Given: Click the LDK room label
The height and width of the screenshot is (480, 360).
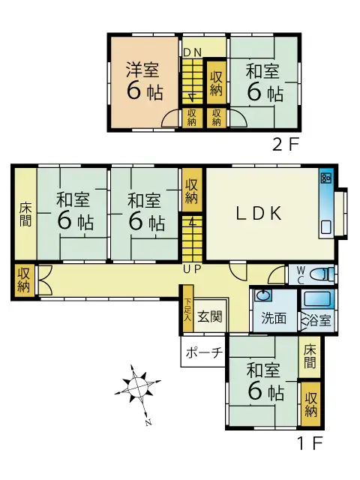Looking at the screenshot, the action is pos(259,213).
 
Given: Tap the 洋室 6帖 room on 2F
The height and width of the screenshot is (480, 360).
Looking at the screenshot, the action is pos(144,82).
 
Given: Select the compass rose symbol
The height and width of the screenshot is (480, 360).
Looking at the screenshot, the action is pos(138,387).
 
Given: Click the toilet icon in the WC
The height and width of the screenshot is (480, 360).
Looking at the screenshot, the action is pos(321,274).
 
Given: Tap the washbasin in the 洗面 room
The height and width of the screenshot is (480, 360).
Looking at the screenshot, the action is pos(262,295).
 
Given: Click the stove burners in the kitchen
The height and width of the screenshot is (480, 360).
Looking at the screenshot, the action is pos(325,177).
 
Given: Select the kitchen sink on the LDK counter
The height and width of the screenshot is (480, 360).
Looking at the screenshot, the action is pos(325,226).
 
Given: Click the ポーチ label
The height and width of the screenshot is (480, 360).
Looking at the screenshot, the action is pos(204,352).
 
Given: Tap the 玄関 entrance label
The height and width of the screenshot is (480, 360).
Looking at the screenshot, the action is pos(210,316).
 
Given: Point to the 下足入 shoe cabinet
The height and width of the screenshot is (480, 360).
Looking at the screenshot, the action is pos(188,308).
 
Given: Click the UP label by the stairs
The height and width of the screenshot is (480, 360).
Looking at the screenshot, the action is pos(192,269).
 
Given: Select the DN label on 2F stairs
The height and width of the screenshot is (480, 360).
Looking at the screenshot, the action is pos(192,52).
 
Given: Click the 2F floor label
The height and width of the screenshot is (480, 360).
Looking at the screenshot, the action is pos(285,145).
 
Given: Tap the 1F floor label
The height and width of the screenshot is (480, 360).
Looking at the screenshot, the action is pos(310,443).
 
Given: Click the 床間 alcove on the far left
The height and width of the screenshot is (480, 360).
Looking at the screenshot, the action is pos(25,214).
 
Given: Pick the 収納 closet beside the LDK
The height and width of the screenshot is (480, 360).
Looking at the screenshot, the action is pos(192,190).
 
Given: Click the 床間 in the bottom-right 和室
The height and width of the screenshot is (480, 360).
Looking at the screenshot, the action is pos(310,357).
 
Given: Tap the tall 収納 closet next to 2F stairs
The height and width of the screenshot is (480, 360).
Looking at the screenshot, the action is pos(217,82).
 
